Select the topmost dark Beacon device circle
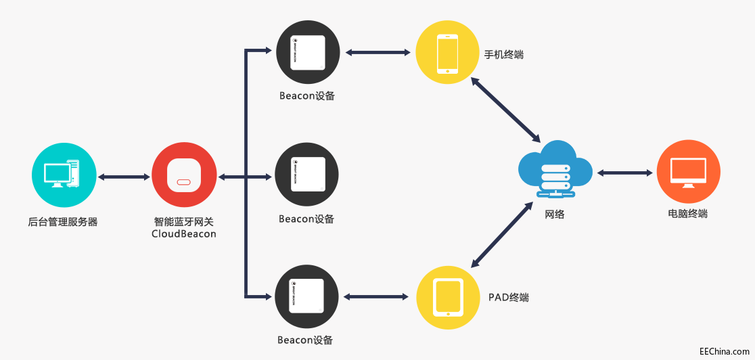[308, 52]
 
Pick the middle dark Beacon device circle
[308, 175]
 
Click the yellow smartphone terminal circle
[447, 52]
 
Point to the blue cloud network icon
[555, 169]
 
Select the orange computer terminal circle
[688, 173]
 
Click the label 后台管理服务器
[63, 221]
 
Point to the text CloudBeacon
[184, 234]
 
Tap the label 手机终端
[504, 55]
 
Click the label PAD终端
[509, 297]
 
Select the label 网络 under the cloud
[555, 215]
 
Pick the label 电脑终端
[688, 214]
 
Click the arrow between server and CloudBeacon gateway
[124, 177]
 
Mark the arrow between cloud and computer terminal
[624, 173]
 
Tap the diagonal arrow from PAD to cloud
[501, 233]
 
